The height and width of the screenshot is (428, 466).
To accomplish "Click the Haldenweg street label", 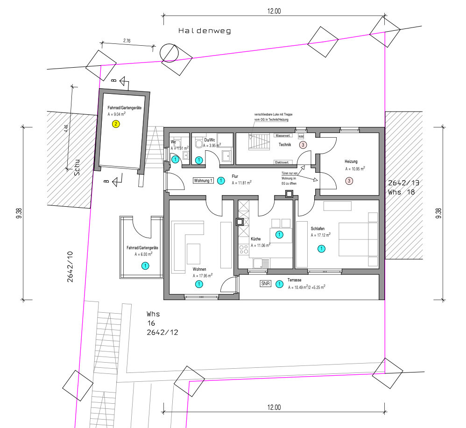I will [205, 31].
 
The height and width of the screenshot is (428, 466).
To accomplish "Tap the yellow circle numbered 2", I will [116, 124].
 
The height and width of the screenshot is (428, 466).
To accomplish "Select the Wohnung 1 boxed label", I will [204, 181].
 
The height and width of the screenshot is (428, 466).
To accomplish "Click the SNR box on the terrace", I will [266, 283].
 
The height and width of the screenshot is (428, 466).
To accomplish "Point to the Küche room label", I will [256, 239].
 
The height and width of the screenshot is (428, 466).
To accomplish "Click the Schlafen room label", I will [318, 229].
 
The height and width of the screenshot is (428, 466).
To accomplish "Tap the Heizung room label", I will [352, 161].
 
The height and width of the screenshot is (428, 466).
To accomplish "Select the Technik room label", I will [285, 145].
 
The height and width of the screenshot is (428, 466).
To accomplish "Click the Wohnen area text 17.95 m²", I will [203, 276].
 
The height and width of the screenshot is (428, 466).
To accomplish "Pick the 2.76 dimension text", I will [127, 41].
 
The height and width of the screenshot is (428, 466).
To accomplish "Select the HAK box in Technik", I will [301, 136].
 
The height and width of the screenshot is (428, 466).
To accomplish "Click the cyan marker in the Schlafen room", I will [321, 249].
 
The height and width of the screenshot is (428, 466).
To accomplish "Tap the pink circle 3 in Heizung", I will [348, 181].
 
